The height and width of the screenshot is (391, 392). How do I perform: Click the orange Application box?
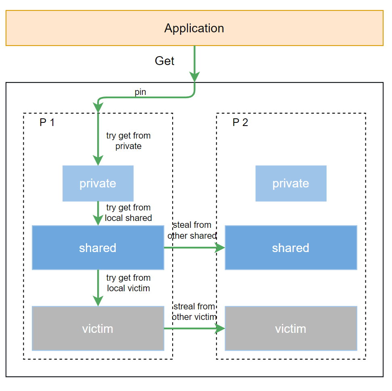pos(194,28)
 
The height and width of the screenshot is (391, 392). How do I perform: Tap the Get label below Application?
pos(165,61)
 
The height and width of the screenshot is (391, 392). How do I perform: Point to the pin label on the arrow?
pos(140,92)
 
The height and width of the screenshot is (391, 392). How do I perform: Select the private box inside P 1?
pos(98,183)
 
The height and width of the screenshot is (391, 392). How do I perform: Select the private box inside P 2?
pos(290,183)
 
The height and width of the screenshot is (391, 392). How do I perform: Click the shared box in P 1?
pos(98,248)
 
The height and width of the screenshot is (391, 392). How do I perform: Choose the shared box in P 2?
pos(290,248)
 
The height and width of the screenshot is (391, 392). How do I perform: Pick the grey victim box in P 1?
pos(98,328)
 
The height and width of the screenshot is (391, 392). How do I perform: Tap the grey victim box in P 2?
pos(290,328)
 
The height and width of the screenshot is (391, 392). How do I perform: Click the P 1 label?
pos(47,122)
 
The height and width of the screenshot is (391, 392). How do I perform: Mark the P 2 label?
pos(240,122)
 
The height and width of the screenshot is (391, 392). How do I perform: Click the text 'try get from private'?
pos(128,141)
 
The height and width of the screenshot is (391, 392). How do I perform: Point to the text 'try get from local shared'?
pos(128,213)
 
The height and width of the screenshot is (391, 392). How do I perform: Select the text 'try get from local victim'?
pos(128,283)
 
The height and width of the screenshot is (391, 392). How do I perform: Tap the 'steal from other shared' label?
pos(192,230)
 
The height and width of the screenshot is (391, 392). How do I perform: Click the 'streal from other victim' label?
pos(194,312)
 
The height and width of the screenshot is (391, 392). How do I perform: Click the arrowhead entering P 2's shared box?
pos(220,248)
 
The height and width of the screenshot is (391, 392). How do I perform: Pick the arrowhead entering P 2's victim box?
pos(220,328)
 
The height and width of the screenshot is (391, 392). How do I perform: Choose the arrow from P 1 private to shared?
pos(98,212)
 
